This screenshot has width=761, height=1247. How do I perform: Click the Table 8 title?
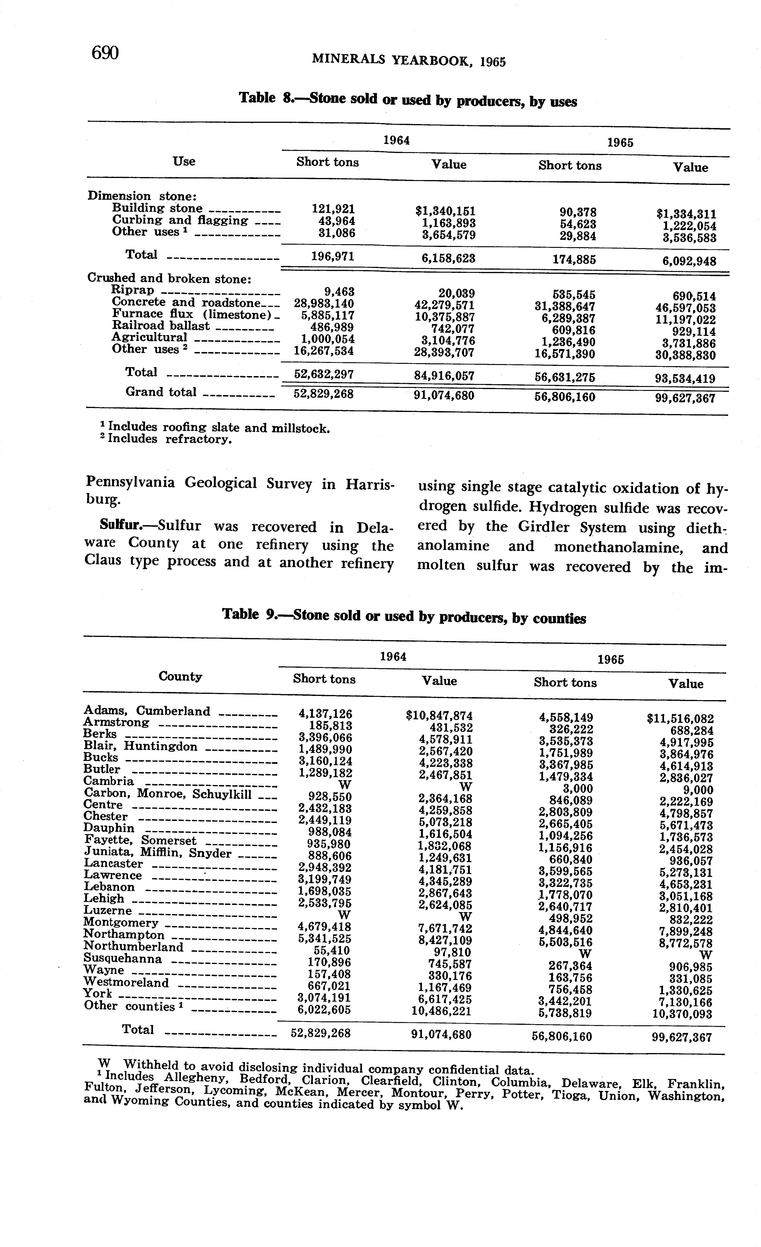tap(408, 100)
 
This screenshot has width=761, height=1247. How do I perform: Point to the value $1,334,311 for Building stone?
tap(686, 214)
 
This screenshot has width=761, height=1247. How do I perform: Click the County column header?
tap(181, 677)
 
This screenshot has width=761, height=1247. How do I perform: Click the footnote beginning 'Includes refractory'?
tap(167, 439)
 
